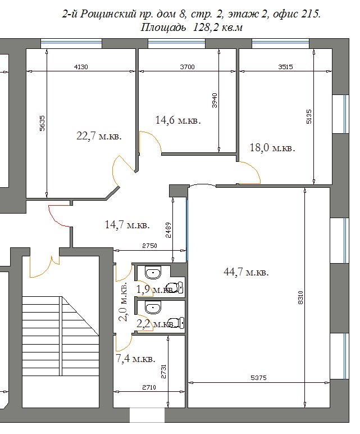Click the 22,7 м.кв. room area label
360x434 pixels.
tap(99, 136)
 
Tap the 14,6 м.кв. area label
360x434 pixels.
tap(178, 120)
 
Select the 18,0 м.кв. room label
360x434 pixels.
tap(272, 147)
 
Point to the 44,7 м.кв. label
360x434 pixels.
tap(246, 272)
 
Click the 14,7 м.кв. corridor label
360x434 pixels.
tap(127, 224)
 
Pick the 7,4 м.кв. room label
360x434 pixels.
tap(136, 359)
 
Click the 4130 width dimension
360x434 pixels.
tap(81, 67)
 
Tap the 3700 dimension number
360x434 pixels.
tap(187, 67)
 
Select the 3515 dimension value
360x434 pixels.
tap(285, 67)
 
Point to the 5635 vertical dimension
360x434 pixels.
tap(42, 123)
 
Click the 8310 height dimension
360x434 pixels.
tap(301, 297)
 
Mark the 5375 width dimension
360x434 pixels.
tap(258, 378)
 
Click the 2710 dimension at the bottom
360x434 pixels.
tap(149, 387)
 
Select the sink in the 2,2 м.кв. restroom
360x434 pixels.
tap(152, 308)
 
